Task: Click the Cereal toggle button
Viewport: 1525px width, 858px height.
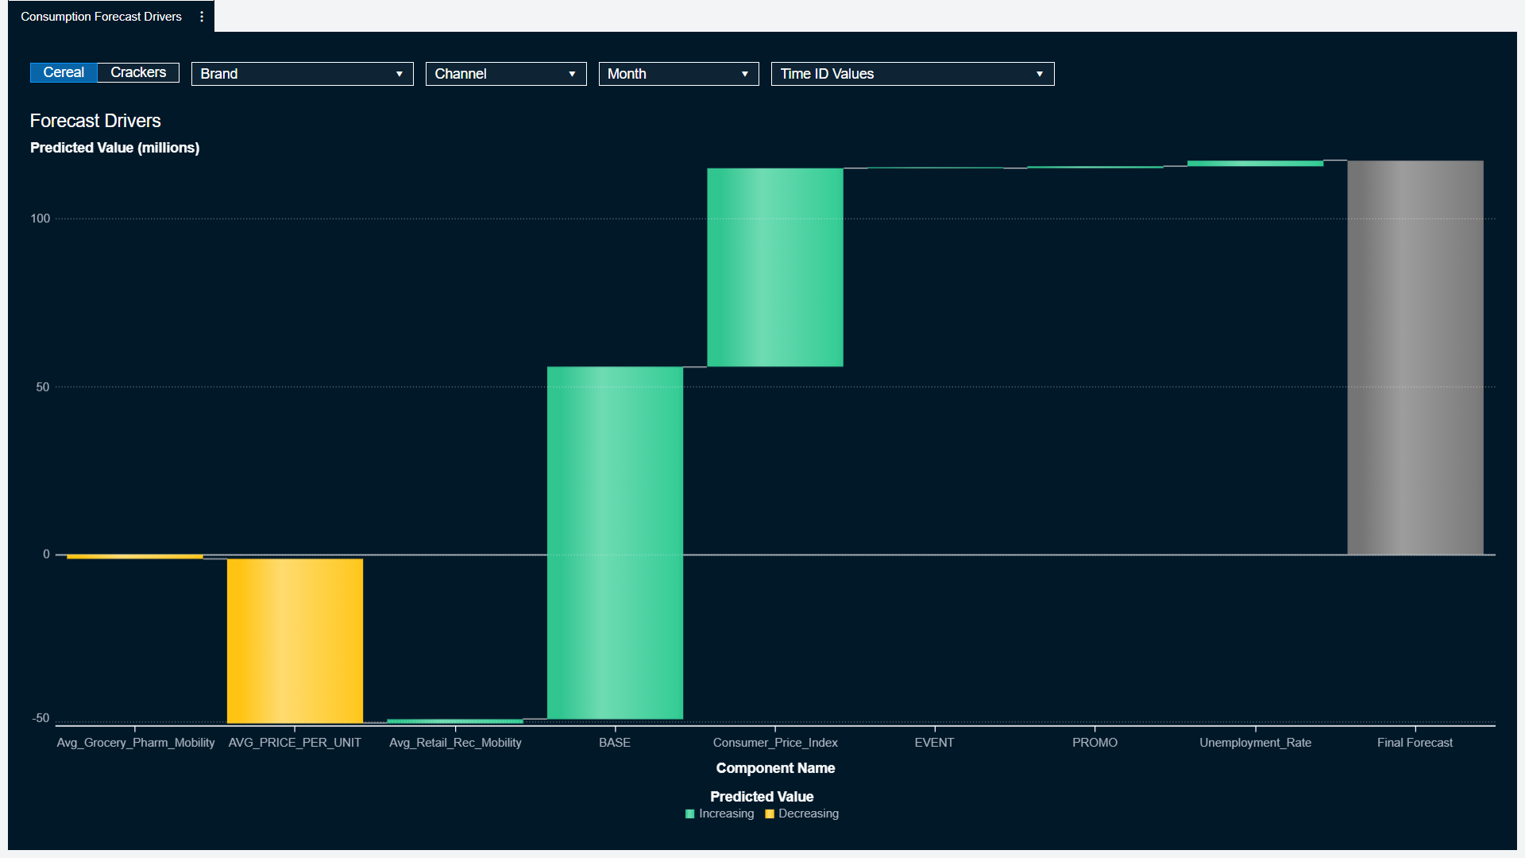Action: [64, 72]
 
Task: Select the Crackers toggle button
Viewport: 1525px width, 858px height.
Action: [138, 72]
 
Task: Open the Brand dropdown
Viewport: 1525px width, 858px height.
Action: [302, 74]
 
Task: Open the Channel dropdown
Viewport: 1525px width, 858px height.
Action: [505, 74]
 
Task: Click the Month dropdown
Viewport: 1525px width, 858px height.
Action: [678, 74]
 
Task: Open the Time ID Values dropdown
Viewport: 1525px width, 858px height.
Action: [912, 74]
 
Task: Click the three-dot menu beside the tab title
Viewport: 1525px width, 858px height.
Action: [202, 17]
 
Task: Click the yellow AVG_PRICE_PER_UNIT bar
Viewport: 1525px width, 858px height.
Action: [295, 640]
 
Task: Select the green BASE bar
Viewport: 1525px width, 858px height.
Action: [615, 543]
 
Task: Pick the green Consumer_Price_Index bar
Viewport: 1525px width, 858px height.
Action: [775, 267]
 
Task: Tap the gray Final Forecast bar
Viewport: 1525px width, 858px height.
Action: [1415, 357]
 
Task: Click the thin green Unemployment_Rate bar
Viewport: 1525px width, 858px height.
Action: [1255, 164]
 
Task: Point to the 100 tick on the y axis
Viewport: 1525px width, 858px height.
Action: [41, 218]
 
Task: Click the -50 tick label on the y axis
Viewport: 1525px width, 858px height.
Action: [41, 718]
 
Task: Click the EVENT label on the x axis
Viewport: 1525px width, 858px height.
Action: [934, 743]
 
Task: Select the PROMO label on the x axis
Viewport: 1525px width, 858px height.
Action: [1095, 743]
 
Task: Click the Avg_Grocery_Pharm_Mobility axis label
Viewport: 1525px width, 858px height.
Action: [136, 743]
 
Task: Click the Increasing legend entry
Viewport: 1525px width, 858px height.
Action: [720, 814]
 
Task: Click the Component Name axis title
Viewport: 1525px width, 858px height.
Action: [775, 768]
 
